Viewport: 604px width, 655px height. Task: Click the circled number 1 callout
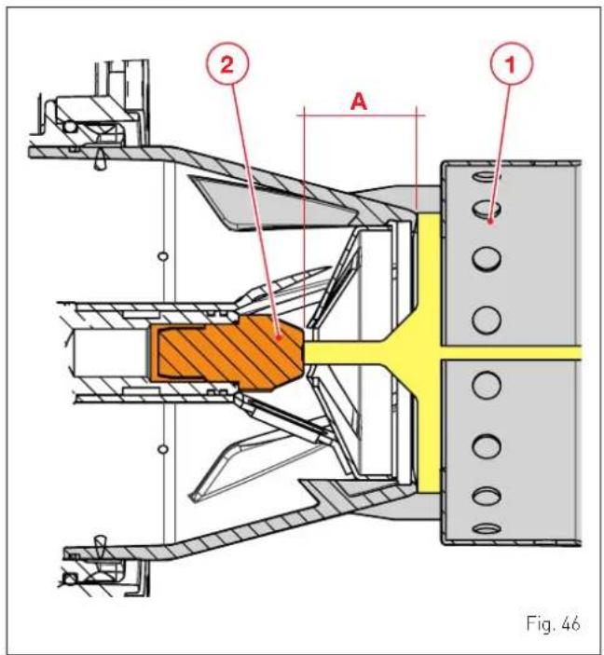coord(512,64)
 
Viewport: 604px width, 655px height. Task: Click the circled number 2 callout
coord(227,64)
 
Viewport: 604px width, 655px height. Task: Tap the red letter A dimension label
coord(359,102)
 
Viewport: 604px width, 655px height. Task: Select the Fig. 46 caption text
coord(553,623)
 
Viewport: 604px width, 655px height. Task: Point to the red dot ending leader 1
coord(491,222)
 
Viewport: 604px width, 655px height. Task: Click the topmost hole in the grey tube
coord(487,177)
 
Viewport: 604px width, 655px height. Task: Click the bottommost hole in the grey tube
coord(487,528)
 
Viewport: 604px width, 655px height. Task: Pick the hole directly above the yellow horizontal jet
coord(487,320)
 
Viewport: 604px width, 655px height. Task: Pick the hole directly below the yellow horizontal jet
coord(487,384)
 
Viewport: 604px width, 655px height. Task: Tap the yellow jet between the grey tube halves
coord(511,352)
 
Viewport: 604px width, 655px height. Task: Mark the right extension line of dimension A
coord(417,158)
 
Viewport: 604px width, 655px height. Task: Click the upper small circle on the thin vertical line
coord(163,255)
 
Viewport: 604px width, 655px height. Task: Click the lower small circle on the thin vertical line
coord(163,449)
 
